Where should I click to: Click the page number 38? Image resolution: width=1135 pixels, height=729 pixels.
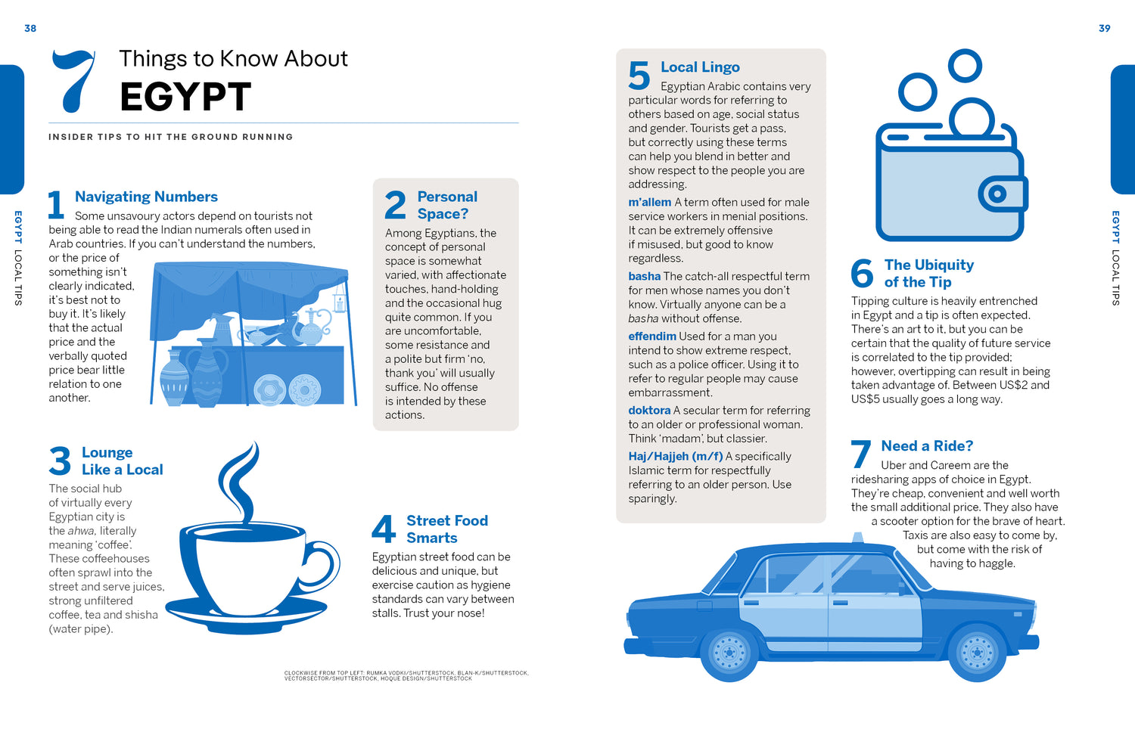click(30, 28)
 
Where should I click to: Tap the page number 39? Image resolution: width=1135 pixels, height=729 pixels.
click(1105, 28)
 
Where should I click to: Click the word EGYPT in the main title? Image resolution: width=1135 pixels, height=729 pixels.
click(185, 96)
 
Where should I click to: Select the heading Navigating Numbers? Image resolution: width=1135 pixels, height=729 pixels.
click(146, 197)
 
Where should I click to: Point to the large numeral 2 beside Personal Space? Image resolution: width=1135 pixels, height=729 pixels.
click(395, 205)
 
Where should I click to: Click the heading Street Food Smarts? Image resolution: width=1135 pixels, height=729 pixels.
click(447, 529)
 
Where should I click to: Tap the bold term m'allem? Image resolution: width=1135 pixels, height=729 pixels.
click(649, 202)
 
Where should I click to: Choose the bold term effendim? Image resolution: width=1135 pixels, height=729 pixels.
click(652, 337)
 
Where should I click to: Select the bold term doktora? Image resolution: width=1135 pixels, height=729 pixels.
click(649, 410)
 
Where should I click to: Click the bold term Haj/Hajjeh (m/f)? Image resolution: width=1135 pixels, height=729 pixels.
click(676, 456)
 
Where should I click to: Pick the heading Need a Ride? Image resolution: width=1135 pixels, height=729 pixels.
click(927, 445)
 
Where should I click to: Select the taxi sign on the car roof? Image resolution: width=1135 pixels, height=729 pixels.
click(857, 538)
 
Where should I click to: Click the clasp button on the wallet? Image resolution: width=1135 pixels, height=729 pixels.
click(998, 194)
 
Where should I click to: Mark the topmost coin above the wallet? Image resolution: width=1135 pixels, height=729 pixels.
click(965, 65)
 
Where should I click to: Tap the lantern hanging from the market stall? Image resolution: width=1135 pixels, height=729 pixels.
click(340, 302)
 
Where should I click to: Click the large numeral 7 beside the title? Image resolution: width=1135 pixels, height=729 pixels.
click(74, 81)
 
